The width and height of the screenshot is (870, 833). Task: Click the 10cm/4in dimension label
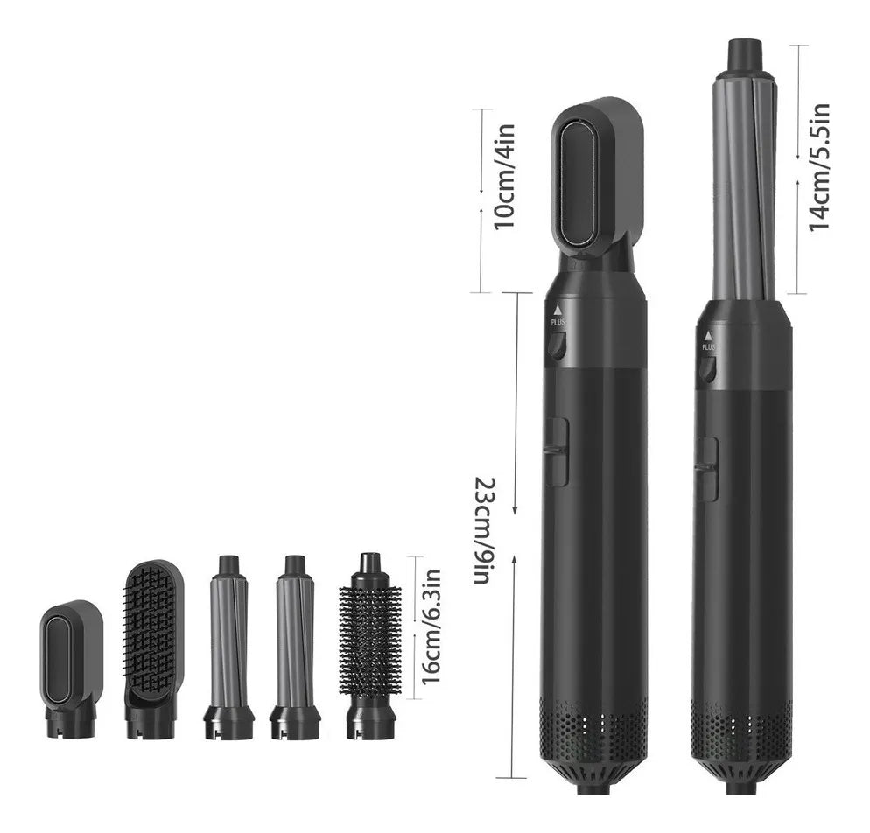point(505,178)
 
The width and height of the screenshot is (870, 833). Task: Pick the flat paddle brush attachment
point(154,630)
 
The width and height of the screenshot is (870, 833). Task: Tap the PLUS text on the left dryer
point(558,322)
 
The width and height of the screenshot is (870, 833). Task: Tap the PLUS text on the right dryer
point(708,347)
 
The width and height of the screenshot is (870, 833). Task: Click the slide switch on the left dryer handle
point(556,451)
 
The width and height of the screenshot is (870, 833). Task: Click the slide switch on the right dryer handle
point(706,469)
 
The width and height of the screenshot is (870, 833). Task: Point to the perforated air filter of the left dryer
point(594,726)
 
